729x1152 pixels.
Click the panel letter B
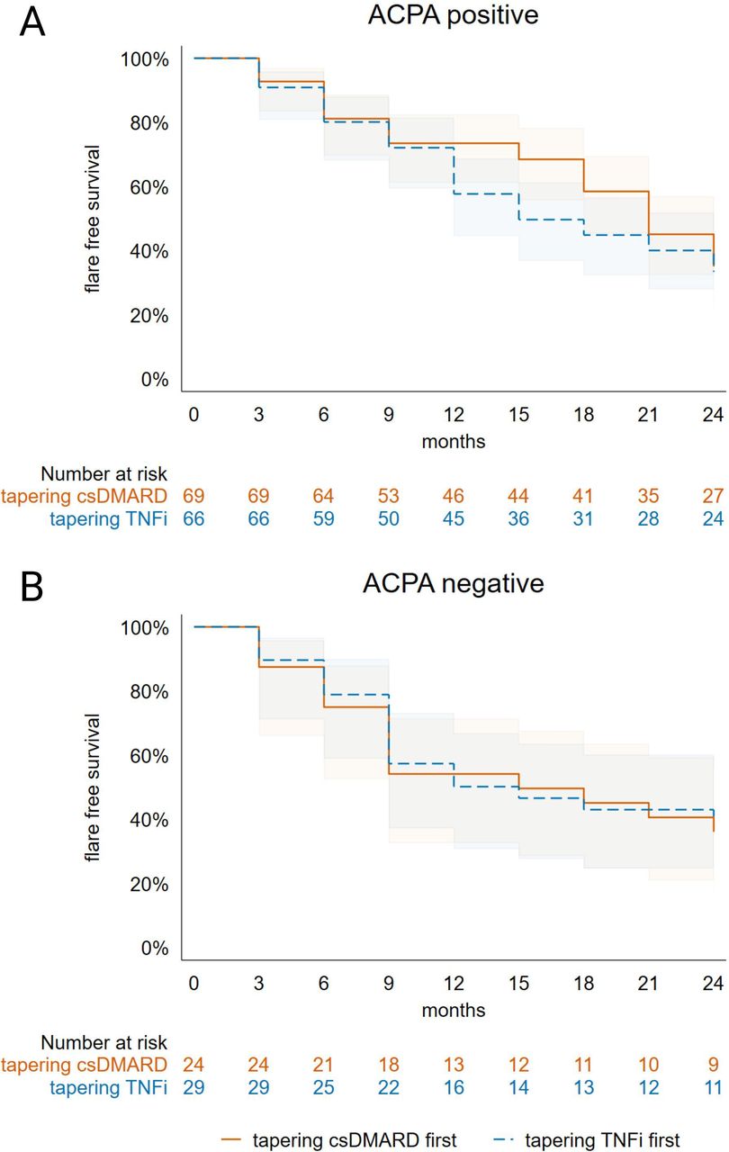tap(32, 588)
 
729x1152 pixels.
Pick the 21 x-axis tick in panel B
tap(648, 984)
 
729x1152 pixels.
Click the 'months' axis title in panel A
tap(454, 442)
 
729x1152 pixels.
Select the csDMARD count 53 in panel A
tap(389, 496)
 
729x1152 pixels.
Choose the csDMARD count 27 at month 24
tap(713, 496)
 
